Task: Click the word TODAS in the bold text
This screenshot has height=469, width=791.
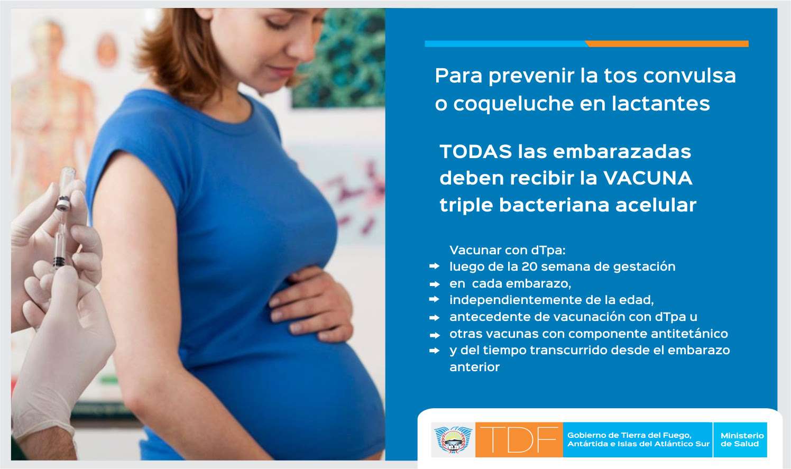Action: (x=476, y=152)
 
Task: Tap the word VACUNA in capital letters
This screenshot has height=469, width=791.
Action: (x=648, y=178)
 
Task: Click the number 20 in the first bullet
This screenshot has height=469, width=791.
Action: (x=529, y=266)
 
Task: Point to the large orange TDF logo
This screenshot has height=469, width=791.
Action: (x=519, y=440)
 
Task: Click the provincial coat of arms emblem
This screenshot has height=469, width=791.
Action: (x=453, y=440)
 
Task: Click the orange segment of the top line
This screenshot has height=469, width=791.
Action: (x=667, y=44)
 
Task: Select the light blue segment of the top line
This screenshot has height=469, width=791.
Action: (x=505, y=44)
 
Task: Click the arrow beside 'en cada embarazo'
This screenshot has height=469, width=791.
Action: (x=434, y=284)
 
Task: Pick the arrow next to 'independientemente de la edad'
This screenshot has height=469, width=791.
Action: (x=434, y=300)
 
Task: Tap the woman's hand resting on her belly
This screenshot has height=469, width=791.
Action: (x=311, y=304)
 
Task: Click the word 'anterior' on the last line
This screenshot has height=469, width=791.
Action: (x=474, y=367)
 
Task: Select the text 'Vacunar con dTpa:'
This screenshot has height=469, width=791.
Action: (x=508, y=251)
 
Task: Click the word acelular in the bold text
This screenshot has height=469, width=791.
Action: (x=656, y=205)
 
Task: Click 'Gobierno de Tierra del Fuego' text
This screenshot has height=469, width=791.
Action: (x=629, y=436)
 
